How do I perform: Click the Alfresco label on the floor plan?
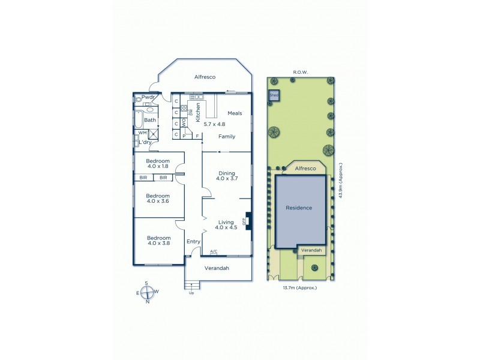[x=205, y=77]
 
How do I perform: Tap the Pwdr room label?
[x=149, y=98]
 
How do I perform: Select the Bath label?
[x=150, y=120]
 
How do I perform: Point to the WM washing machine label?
[x=142, y=133]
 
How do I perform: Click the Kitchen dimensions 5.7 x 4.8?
[x=215, y=124]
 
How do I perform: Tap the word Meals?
[x=235, y=113]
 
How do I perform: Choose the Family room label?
[x=227, y=137]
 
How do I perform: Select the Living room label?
[x=226, y=222]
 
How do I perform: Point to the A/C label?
[x=213, y=251]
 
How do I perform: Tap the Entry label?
[x=193, y=241]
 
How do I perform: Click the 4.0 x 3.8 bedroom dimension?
[x=158, y=244]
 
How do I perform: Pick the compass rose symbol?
[x=147, y=292]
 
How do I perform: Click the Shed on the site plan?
[x=274, y=95]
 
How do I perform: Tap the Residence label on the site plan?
[x=299, y=208]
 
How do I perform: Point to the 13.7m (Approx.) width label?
[x=299, y=288]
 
